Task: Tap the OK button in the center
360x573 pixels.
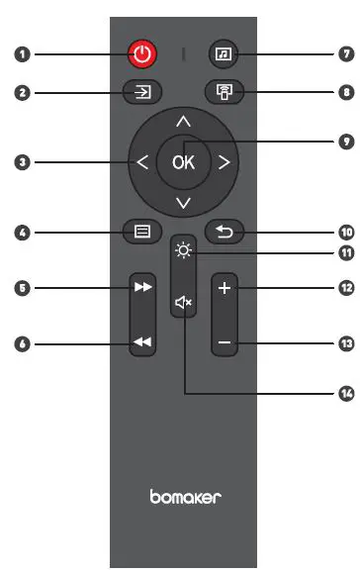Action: tap(183, 163)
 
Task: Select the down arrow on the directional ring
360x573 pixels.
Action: tap(183, 204)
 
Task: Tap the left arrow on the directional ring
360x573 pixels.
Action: tap(142, 163)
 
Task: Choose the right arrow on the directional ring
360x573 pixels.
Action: tap(224, 163)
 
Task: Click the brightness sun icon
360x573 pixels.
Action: tap(183, 249)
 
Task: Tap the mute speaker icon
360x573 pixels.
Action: tap(183, 301)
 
